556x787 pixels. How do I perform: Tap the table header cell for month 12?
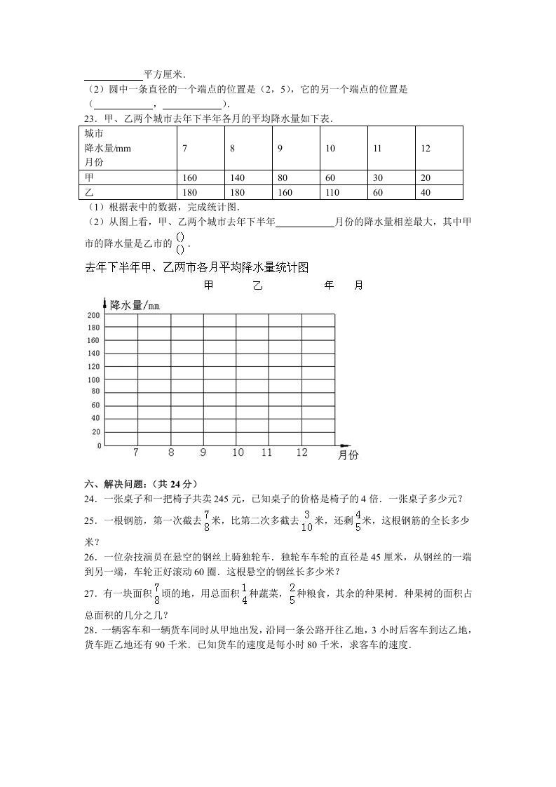426,149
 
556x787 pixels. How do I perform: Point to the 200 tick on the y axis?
93,316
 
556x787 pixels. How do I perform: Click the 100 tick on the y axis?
93,380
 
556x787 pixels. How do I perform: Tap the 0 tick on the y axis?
99,445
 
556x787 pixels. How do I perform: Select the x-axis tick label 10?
238,453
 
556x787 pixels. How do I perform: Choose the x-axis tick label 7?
136,453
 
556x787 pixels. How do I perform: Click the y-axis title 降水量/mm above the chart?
135,305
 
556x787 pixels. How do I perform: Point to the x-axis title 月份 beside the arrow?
348,455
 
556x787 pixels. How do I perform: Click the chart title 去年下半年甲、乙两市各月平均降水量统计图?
196,267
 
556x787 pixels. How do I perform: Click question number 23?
90,119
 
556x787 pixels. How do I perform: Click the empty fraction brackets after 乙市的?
180,243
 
